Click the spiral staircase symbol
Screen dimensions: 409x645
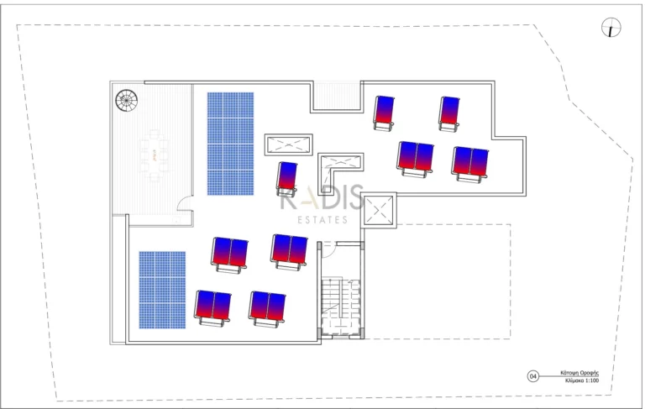click(126, 101)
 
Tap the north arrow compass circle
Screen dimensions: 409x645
click(611, 29)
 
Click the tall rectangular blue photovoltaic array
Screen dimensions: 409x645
click(230, 143)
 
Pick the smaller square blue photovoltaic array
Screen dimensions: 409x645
click(162, 289)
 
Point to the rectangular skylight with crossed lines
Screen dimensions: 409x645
click(288, 144)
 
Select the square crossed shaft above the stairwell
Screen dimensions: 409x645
click(379, 210)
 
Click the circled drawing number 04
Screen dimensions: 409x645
click(532, 376)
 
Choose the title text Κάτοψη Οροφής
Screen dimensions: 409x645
click(580, 372)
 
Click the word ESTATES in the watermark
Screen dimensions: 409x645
click(324, 220)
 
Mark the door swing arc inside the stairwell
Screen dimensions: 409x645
click(329, 249)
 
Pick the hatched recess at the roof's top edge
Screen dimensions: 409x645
click(336, 96)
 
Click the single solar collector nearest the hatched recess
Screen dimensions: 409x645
click(385, 113)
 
